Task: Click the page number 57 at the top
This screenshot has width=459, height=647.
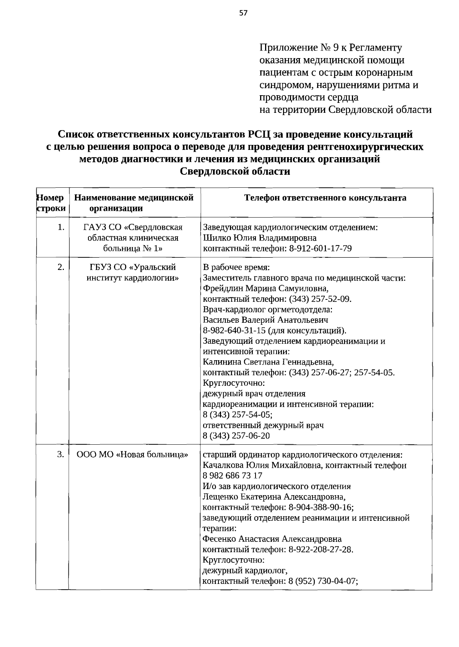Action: (243, 13)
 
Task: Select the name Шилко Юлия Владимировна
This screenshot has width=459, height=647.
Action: (259, 238)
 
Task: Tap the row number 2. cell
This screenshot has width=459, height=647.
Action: (61, 267)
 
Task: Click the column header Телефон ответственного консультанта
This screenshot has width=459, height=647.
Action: (325, 198)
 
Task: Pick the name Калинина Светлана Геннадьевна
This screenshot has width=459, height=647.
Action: (268, 362)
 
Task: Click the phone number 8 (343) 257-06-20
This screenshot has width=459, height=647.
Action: (236, 436)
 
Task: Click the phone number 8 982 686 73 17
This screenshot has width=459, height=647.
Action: (232, 476)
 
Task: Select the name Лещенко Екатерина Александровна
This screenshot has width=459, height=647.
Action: (273, 497)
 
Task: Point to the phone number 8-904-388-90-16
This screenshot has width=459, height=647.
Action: (321, 507)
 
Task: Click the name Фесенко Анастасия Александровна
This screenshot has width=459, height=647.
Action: (272, 539)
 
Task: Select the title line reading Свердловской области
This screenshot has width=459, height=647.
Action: (235, 172)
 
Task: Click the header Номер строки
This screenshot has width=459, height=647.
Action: (51, 203)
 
